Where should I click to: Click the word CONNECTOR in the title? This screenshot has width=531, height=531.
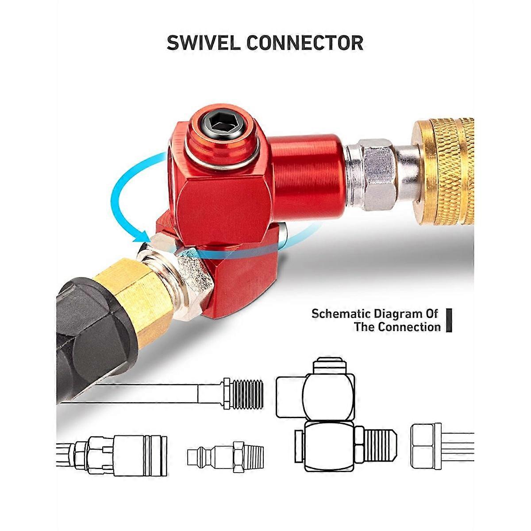pyautogui.click(x=305, y=43)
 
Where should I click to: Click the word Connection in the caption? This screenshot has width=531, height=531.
pyautogui.click(x=409, y=327)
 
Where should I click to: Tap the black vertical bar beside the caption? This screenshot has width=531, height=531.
pyautogui.click(x=449, y=320)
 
